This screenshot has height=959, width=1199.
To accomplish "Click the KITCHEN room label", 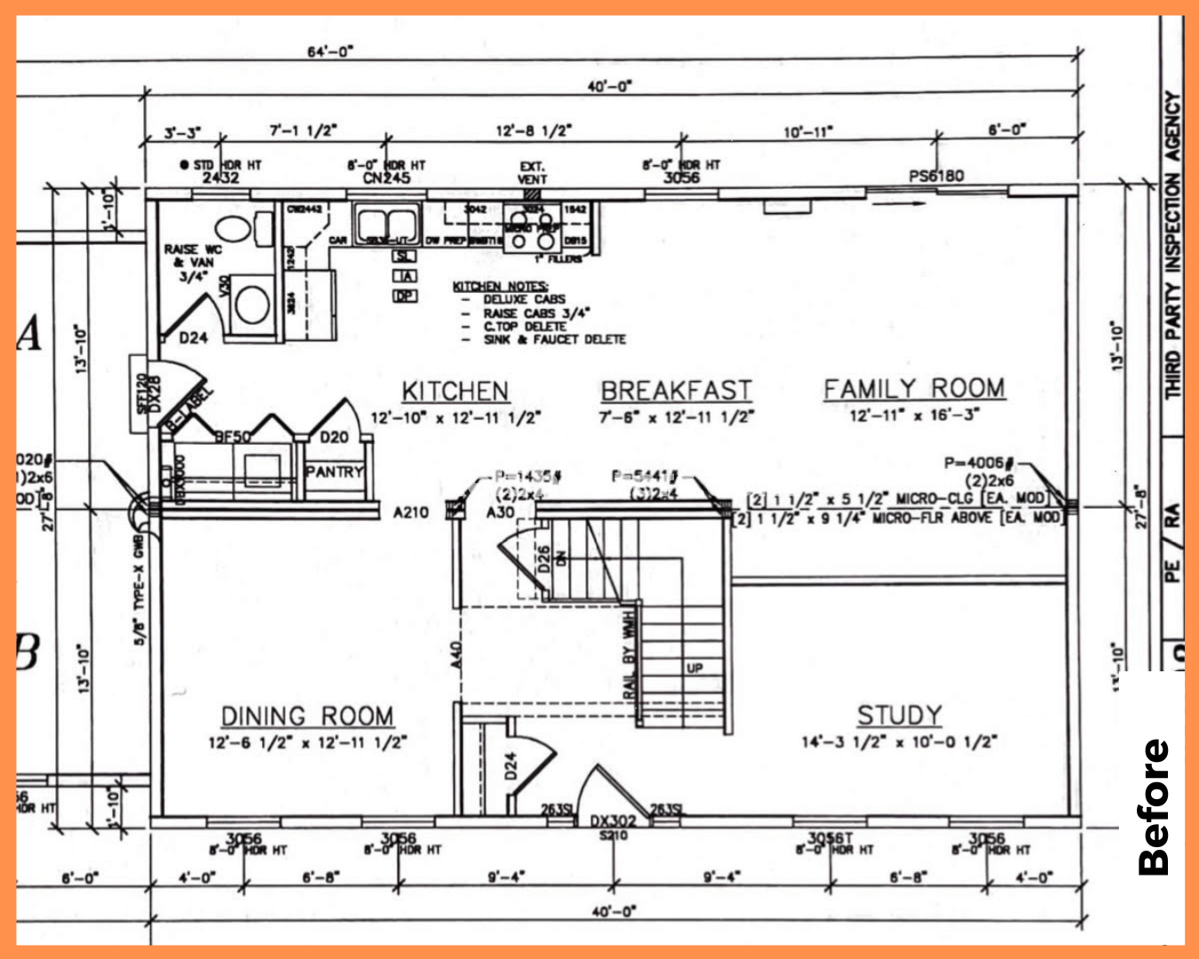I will pyautogui.click(x=456, y=391).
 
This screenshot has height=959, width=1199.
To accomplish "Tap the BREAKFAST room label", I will pyautogui.click(x=676, y=391).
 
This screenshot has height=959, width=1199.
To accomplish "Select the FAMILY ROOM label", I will pyautogui.click(x=914, y=389).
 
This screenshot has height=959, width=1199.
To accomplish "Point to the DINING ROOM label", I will pyautogui.click(x=307, y=716).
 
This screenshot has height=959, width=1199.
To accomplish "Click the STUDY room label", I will pyautogui.click(x=899, y=715).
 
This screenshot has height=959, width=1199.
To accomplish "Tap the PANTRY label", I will pyautogui.click(x=334, y=472).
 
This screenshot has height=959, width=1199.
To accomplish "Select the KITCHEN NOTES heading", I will pyautogui.click(x=500, y=286).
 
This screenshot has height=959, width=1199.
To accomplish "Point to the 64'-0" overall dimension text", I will pyautogui.click(x=330, y=52).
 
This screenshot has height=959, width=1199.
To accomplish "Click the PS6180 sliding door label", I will pyautogui.click(x=936, y=176).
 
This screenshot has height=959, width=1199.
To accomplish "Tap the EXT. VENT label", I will pyautogui.click(x=532, y=172).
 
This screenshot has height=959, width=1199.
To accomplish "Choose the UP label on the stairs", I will pyautogui.click(x=695, y=667).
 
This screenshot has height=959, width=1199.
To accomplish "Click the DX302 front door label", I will pyautogui.click(x=613, y=822).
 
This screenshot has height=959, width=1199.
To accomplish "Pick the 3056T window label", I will pyautogui.click(x=830, y=837).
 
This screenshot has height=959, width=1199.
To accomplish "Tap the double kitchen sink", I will pyautogui.click(x=386, y=221).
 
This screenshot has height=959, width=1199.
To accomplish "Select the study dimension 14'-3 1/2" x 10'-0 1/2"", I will pyautogui.click(x=899, y=742).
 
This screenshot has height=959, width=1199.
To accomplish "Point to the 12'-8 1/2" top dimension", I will pyautogui.click(x=533, y=131).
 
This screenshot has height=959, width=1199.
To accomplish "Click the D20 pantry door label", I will pyautogui.click(x=334, y=437).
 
